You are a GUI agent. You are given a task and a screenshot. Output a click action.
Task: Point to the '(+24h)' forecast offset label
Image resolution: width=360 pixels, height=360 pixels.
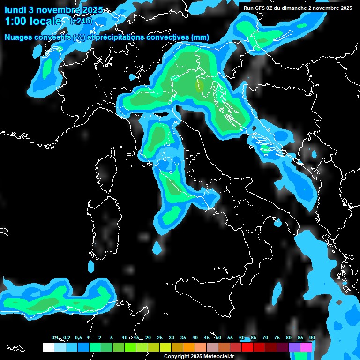coord(81,21)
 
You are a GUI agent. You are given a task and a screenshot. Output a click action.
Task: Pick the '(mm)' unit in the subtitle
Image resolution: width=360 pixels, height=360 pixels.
coord(200,37)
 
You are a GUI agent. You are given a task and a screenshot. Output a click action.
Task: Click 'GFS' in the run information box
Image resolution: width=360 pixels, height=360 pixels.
coord(262,8)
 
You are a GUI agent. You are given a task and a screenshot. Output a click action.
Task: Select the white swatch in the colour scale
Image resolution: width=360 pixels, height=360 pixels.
coord(48,347)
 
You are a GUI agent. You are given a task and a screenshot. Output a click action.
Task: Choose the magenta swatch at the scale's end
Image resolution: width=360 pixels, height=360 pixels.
coord(306,347)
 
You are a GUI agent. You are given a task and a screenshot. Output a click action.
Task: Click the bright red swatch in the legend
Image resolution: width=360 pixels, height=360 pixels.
coord(247,347)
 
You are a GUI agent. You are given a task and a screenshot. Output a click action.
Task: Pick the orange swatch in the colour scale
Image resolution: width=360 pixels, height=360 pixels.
coord(189,347)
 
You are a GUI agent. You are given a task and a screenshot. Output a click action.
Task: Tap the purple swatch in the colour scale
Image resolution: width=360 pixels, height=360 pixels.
coord(294,347)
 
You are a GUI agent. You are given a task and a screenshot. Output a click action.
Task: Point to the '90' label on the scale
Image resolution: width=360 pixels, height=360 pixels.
coord(312,337)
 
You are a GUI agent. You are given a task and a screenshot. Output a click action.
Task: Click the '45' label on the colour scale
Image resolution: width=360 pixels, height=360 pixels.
coord(207,337)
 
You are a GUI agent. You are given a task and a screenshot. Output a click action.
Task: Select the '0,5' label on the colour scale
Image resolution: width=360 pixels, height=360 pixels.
coord(78,337)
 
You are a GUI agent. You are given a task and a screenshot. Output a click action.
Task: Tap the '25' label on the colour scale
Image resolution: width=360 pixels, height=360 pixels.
coord(160,337)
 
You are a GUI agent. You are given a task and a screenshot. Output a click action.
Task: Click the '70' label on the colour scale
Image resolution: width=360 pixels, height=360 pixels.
coord(265,337)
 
